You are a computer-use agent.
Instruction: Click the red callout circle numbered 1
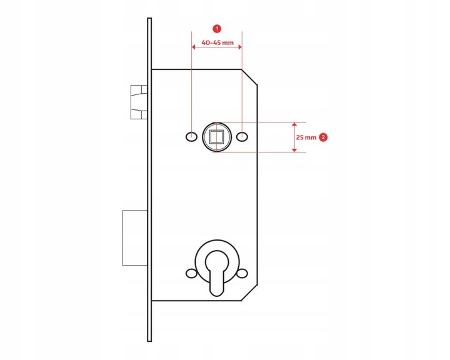tap(217, 29)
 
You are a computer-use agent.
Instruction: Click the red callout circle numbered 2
tap(323, 137)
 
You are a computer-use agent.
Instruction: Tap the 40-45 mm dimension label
tap(217, 42)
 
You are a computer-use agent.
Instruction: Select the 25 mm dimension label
tap(306, 137)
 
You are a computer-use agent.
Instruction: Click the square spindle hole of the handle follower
tap(217, 137)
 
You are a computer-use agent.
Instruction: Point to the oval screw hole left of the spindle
tap(191, 137)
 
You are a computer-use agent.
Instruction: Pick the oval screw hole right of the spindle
tap(242, 137)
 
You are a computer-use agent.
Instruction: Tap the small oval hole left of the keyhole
tap(191, 273)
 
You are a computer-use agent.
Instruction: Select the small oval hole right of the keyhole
tap(242, 273)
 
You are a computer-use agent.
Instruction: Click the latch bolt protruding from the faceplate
tap(139, 102)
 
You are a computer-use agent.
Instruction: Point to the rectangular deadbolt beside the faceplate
tap(135, 237)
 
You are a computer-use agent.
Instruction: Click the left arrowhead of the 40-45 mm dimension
tap(193, 47)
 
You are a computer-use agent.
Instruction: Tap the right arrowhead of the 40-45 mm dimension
tap(240, 47)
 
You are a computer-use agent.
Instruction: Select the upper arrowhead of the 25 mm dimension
tap(294, 124)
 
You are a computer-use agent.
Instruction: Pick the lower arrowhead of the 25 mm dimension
tap(294, 150)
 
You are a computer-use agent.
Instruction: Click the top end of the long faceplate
tap(149, 18)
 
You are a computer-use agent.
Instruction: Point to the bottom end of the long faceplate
tap(149, 341)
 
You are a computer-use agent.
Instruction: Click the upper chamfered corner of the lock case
tap(249, 77)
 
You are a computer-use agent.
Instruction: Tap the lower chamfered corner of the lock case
tap(249, 293)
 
